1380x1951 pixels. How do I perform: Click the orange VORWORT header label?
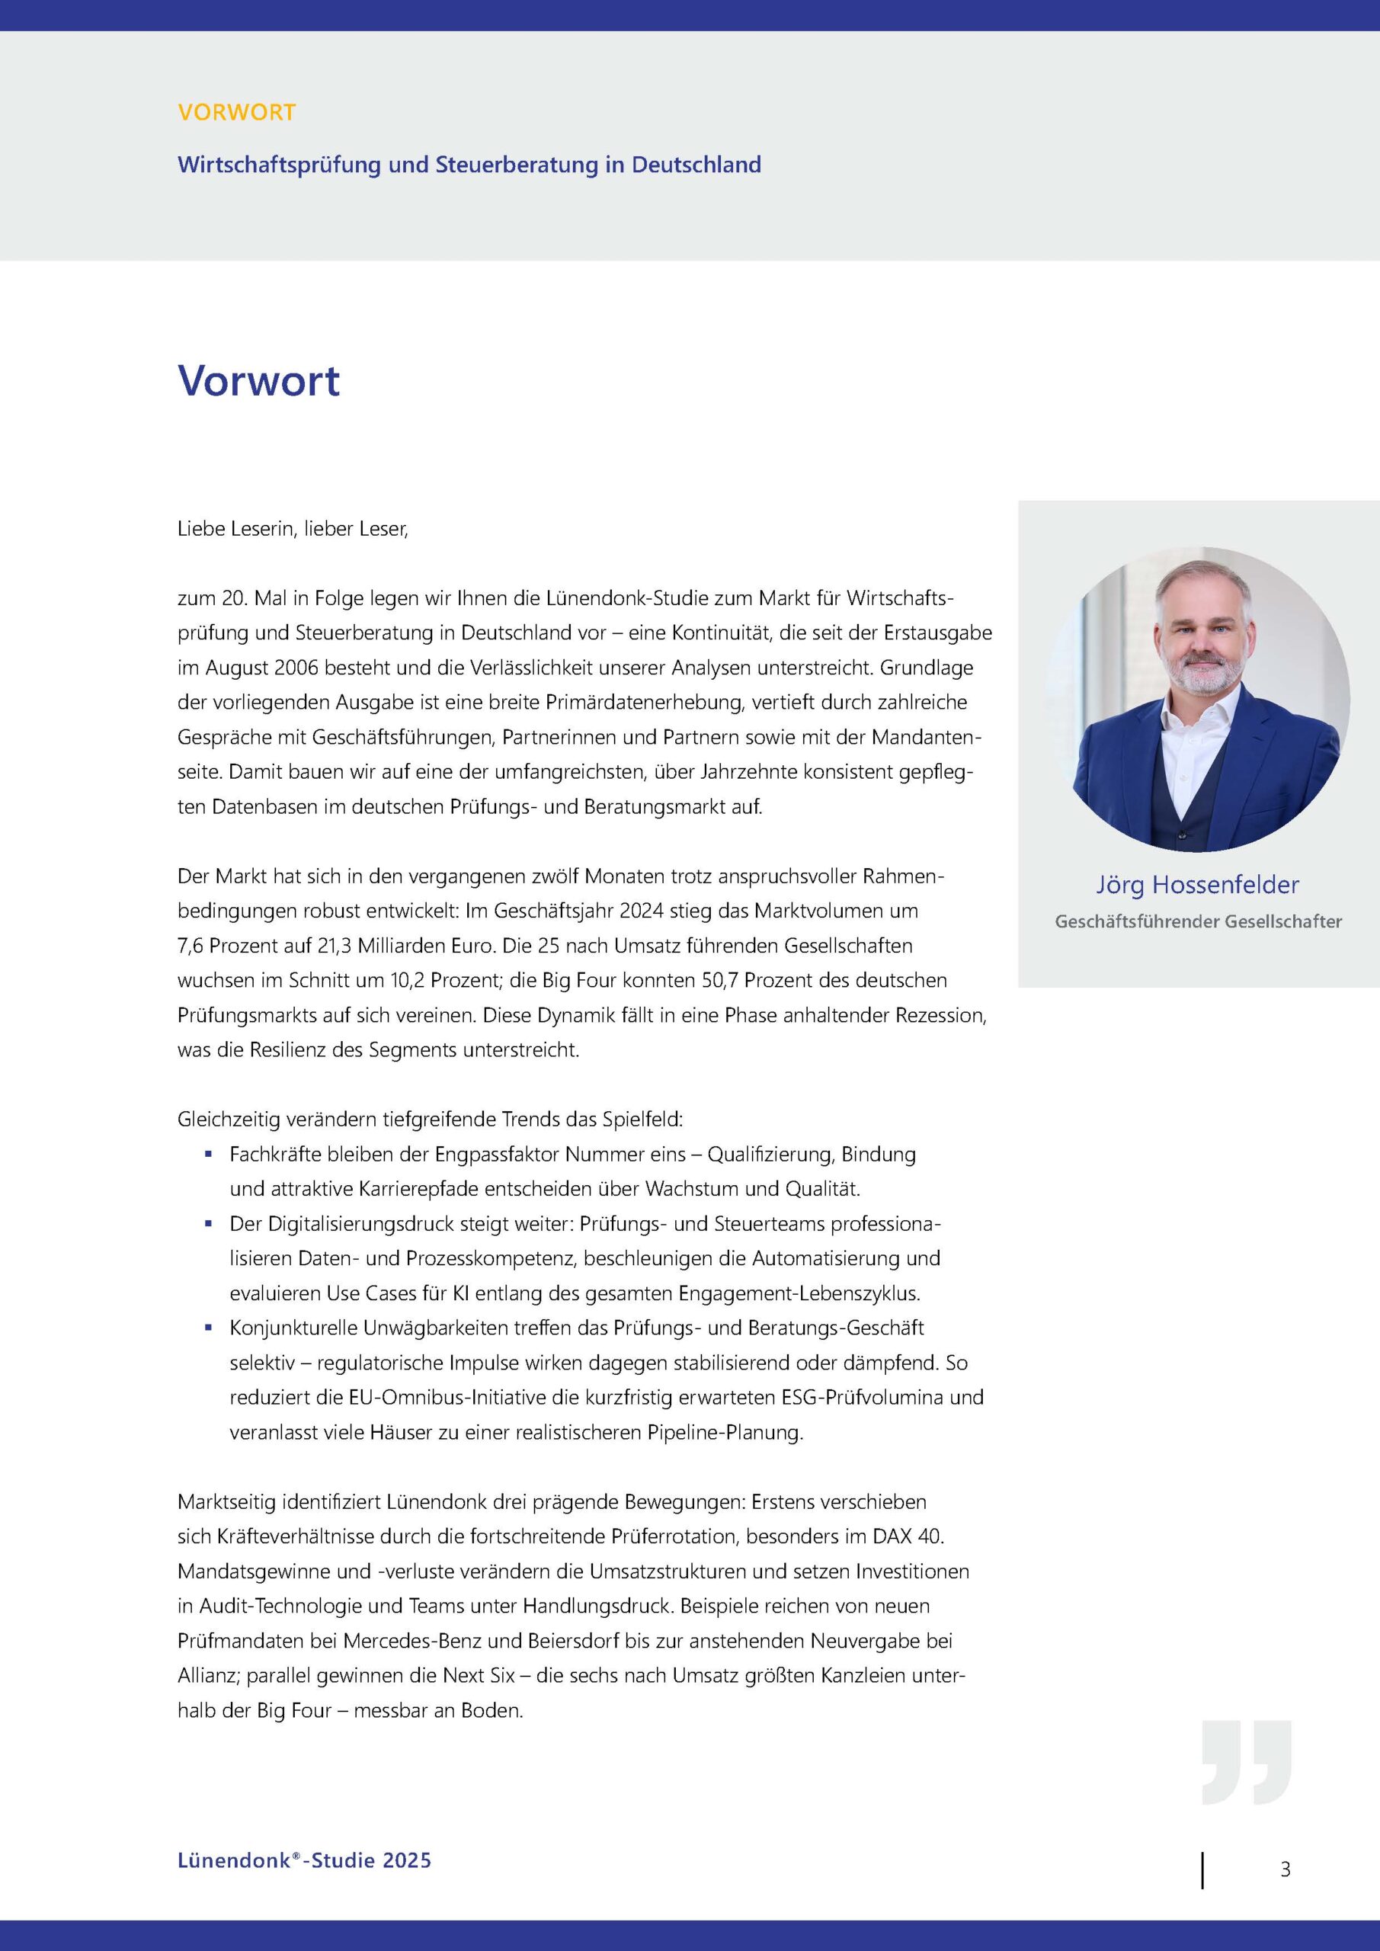236,112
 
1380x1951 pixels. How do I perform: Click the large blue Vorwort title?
258,381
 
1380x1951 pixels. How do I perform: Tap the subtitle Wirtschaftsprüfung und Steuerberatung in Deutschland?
469,165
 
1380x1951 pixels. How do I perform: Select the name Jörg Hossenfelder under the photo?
1196,886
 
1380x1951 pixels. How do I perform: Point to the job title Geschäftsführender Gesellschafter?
1198,922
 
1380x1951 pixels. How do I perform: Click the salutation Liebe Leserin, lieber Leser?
293,530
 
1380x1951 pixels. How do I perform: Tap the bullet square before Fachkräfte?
208,1154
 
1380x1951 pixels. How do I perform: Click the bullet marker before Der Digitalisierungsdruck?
208,1224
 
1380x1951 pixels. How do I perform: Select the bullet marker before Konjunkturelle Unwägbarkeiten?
208,1328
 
